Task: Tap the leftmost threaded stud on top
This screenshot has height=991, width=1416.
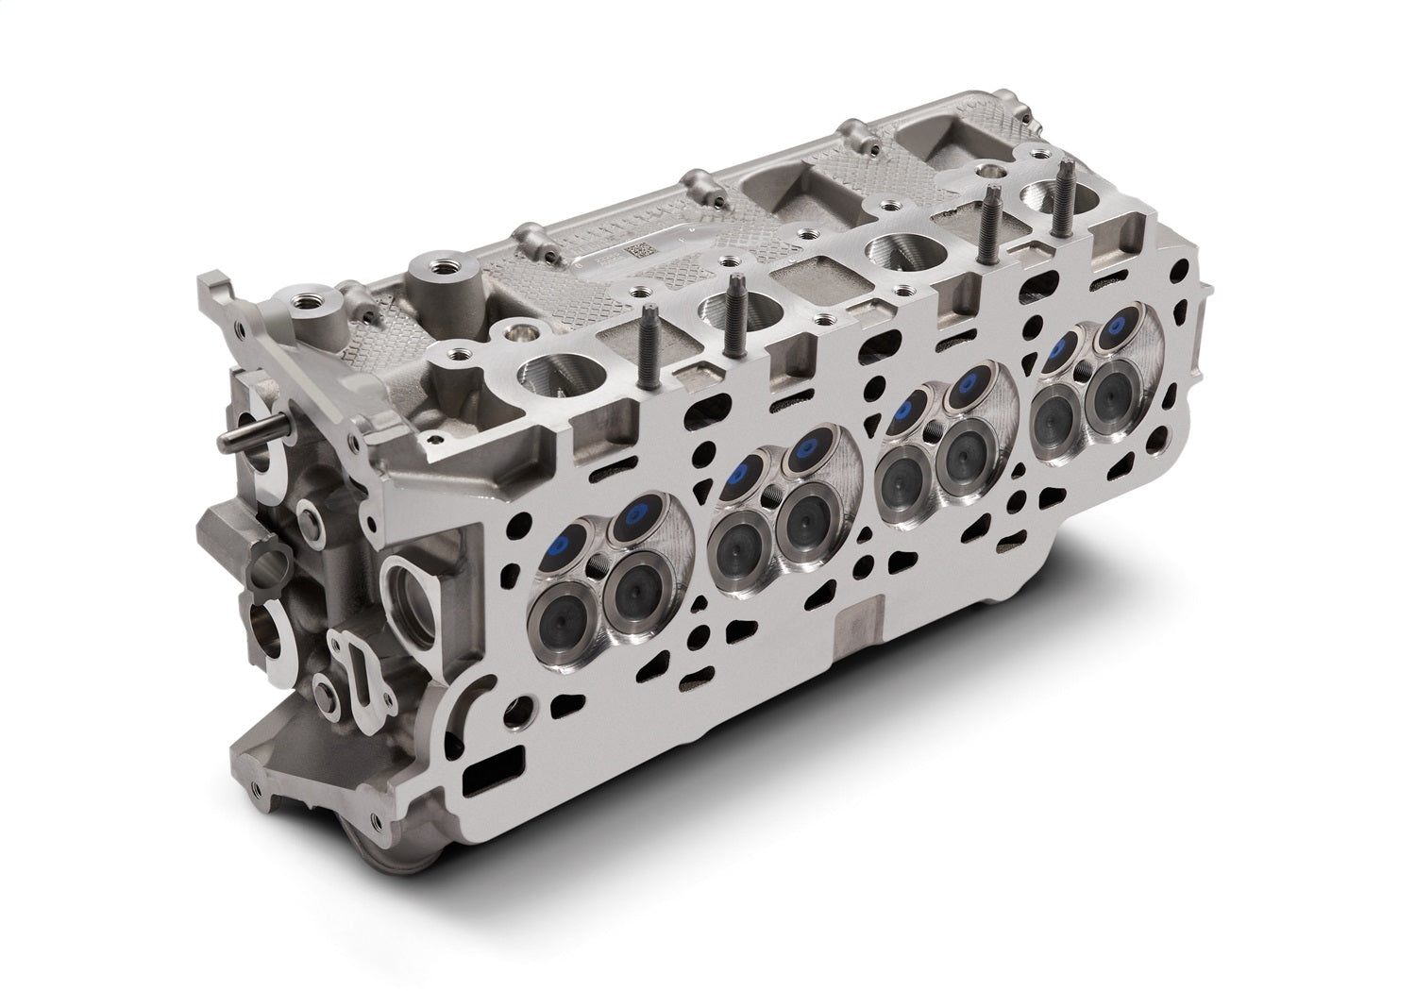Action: [x=650, y=348]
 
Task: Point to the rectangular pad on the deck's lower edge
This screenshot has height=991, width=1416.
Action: [x=859, y=629]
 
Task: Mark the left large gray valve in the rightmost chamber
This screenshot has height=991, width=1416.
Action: [x=1055, y=411]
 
